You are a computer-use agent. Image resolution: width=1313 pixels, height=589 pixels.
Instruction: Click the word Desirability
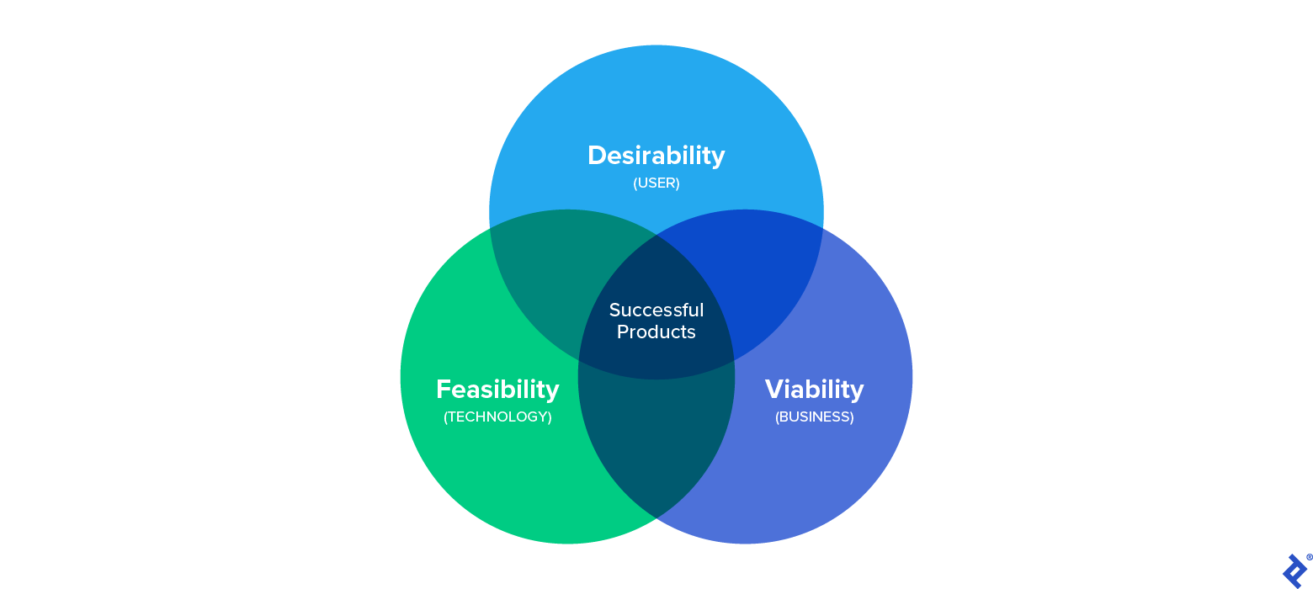(x=656, y=156)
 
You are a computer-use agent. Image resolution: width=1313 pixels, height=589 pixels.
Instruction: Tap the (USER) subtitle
(x=656, y=183)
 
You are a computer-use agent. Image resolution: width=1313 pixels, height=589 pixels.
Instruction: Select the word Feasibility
(x=497, y=390)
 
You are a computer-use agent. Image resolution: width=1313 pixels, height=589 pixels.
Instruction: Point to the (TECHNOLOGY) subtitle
(x=497, y=417)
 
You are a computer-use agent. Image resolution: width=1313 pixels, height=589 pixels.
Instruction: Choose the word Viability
(x=814, y=390)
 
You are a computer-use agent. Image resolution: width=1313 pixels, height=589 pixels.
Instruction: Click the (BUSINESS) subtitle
(x=814, y=417)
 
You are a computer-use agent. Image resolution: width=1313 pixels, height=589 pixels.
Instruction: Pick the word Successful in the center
(x=656, y=310)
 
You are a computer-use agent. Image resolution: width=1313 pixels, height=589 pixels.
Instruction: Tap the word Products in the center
(x=656, y=332)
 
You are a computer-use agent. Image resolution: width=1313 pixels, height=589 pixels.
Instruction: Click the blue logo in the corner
(x=1294, y=570)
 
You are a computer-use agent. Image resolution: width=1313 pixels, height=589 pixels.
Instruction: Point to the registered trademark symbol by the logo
(x=1310, y=557)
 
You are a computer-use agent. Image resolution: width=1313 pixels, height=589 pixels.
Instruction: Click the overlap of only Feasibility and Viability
(x=656, y=446)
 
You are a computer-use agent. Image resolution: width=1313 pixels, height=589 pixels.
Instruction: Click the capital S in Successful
(x=614, y=310)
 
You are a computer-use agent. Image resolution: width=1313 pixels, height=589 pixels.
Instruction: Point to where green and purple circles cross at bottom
(x=656, y=517)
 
